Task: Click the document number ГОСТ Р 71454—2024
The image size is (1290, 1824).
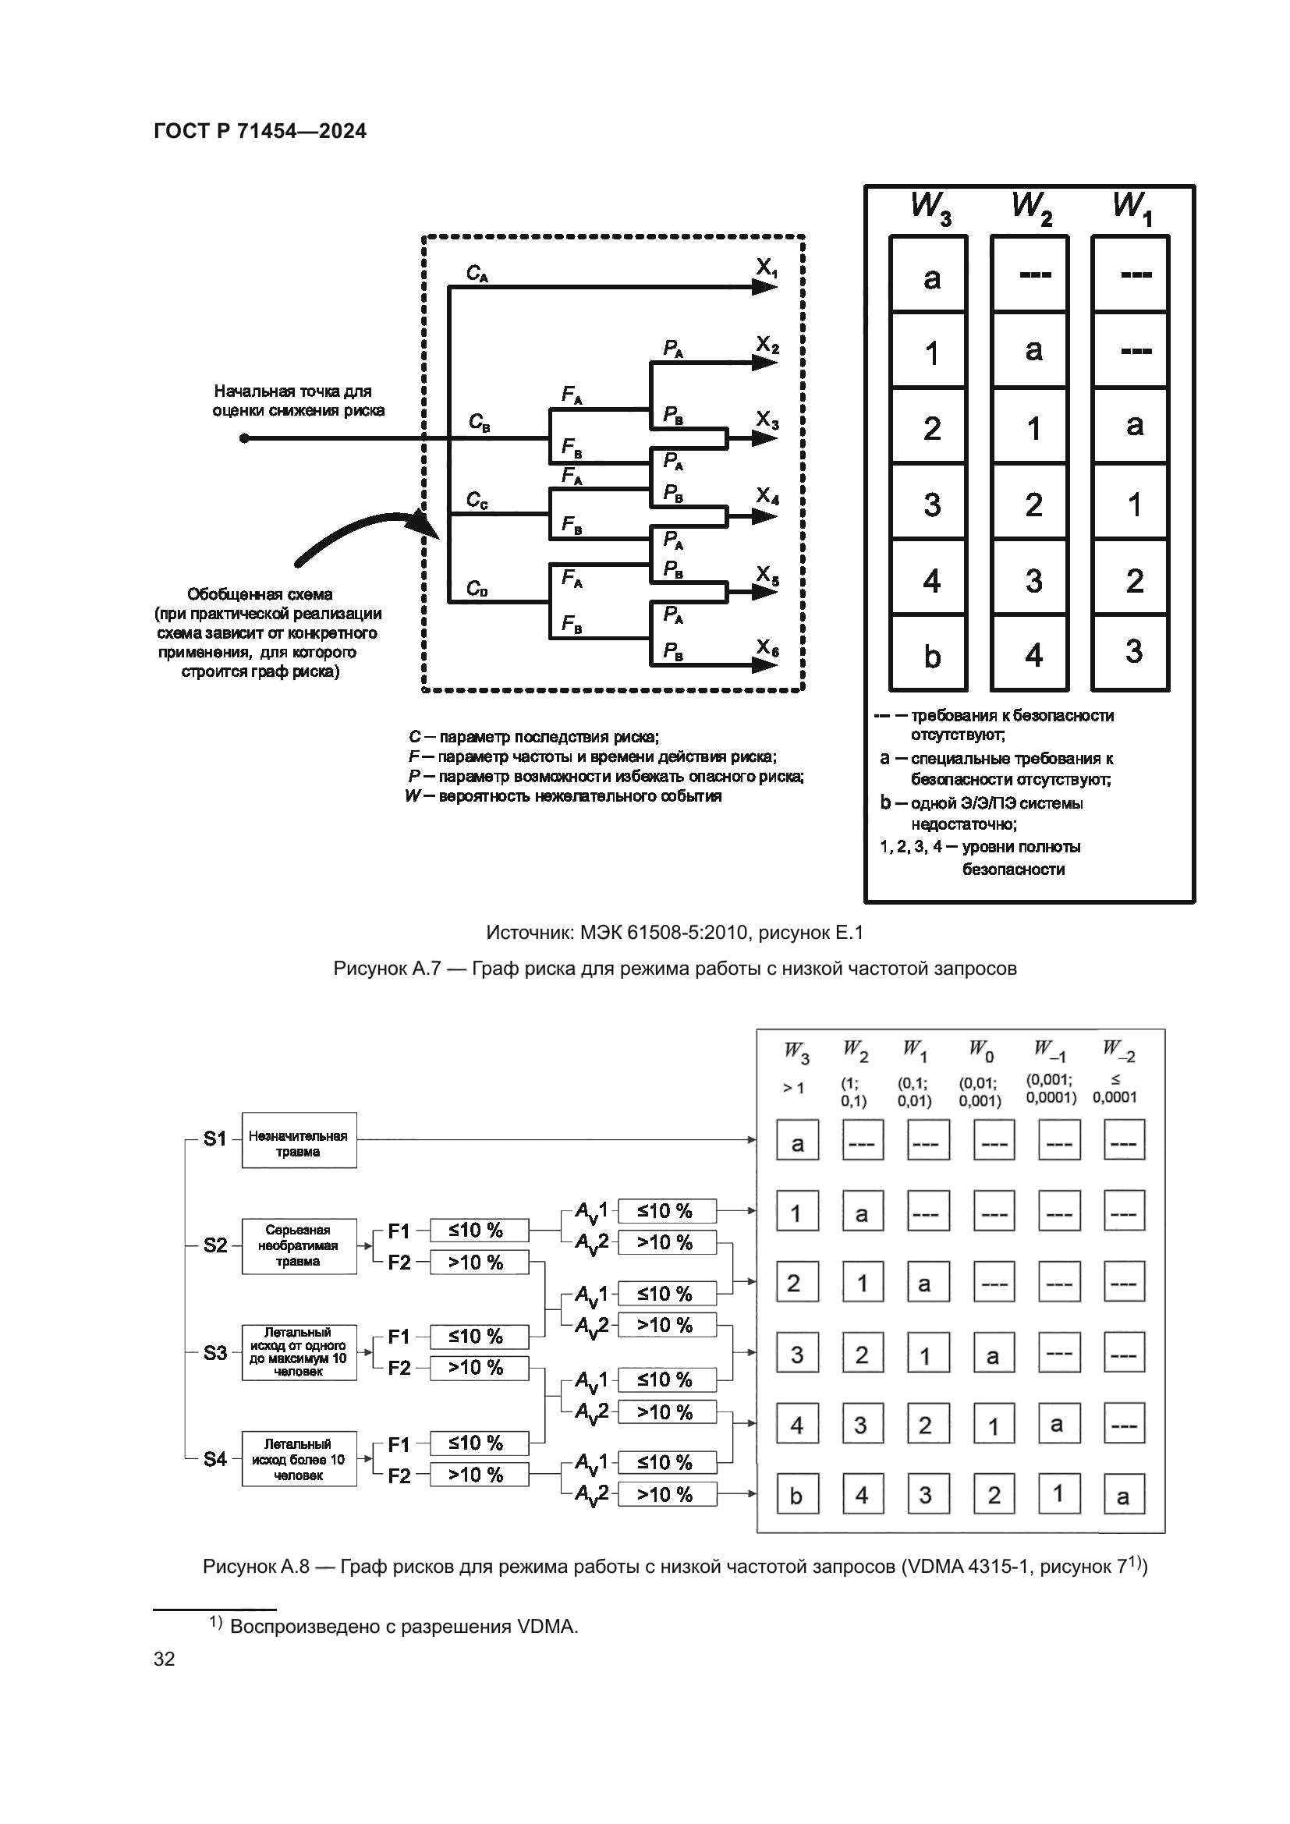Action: (x=260, y=131)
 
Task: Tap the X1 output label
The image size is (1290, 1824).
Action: (x=767, y=268)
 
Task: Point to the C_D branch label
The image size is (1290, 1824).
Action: (x=477, y=589)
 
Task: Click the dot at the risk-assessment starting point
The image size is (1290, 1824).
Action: (x=245, y=438)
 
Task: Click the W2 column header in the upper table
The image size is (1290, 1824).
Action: (x=1031, y=207)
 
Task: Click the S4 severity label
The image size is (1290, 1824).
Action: (x=215, y=1458)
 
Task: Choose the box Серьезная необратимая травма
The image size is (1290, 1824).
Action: (x=299, y=1245)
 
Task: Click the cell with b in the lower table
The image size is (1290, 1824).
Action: (x=797, y=1496)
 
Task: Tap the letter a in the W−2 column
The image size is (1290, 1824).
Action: (x=1123, y=1496)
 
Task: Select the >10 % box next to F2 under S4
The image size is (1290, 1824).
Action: (x=478, y=1475)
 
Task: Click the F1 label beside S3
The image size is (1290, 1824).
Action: (x=399, y=1337)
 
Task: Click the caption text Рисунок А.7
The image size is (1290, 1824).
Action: (x=386, y=969)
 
